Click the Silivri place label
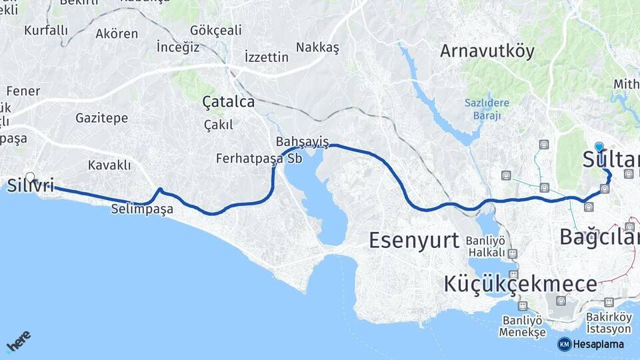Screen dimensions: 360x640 coord(31,186)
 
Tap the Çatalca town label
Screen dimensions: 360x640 coord(229,102)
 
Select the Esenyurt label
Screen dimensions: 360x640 coord(414,239)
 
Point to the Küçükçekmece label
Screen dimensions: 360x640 coord(520,284)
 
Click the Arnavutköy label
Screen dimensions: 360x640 coord(487,51)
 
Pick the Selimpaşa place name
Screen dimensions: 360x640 coord(142,209)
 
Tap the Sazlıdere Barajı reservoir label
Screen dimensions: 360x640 coord(487,108)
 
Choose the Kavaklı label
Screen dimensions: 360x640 coord(109,165)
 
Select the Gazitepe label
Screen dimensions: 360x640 coord(101,118)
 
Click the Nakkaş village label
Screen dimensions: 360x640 coord(318,47)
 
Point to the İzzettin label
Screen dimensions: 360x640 coord(267,57)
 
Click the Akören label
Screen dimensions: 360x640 coord(117,33)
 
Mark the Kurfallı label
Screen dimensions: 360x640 coord(46,30)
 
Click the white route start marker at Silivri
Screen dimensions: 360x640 coord(30,177)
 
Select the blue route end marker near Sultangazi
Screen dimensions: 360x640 coord(599,147)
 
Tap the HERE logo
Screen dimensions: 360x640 coord(19,341)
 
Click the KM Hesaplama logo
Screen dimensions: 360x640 coord(591,344)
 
